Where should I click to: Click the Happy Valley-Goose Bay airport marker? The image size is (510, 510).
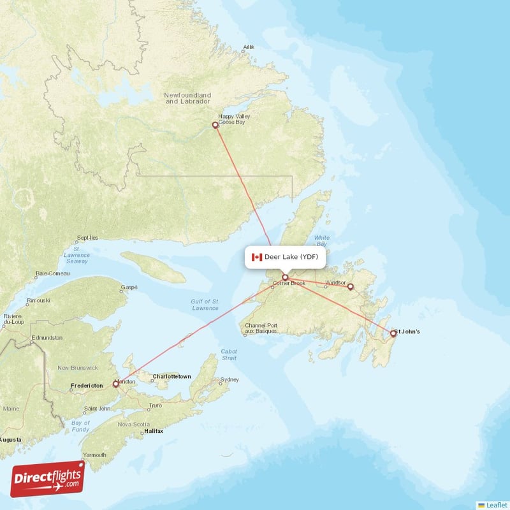pos(215,125)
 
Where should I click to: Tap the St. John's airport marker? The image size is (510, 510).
pos(393,333)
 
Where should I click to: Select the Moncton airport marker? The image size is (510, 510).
pos(115,384)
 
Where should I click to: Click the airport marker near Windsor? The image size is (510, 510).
pos(350,287)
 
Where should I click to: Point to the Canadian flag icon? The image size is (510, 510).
pos(257,257)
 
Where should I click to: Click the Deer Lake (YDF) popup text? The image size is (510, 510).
pos(291,257)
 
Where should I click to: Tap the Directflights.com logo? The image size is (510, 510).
pos(47,478)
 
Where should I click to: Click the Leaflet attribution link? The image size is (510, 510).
pos(492,505)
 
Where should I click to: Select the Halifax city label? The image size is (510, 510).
pos(154,432)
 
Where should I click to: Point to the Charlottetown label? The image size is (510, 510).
pos(171,377)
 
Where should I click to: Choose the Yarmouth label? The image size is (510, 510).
pos(94,455)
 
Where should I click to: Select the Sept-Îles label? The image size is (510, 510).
pos(87,238)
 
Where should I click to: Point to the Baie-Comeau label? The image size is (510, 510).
pos(52,273)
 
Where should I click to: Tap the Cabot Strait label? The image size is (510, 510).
pos(228,354)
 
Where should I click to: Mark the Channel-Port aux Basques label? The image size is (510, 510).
pos(261,328)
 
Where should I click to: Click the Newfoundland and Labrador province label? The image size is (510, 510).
pos(187,98)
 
